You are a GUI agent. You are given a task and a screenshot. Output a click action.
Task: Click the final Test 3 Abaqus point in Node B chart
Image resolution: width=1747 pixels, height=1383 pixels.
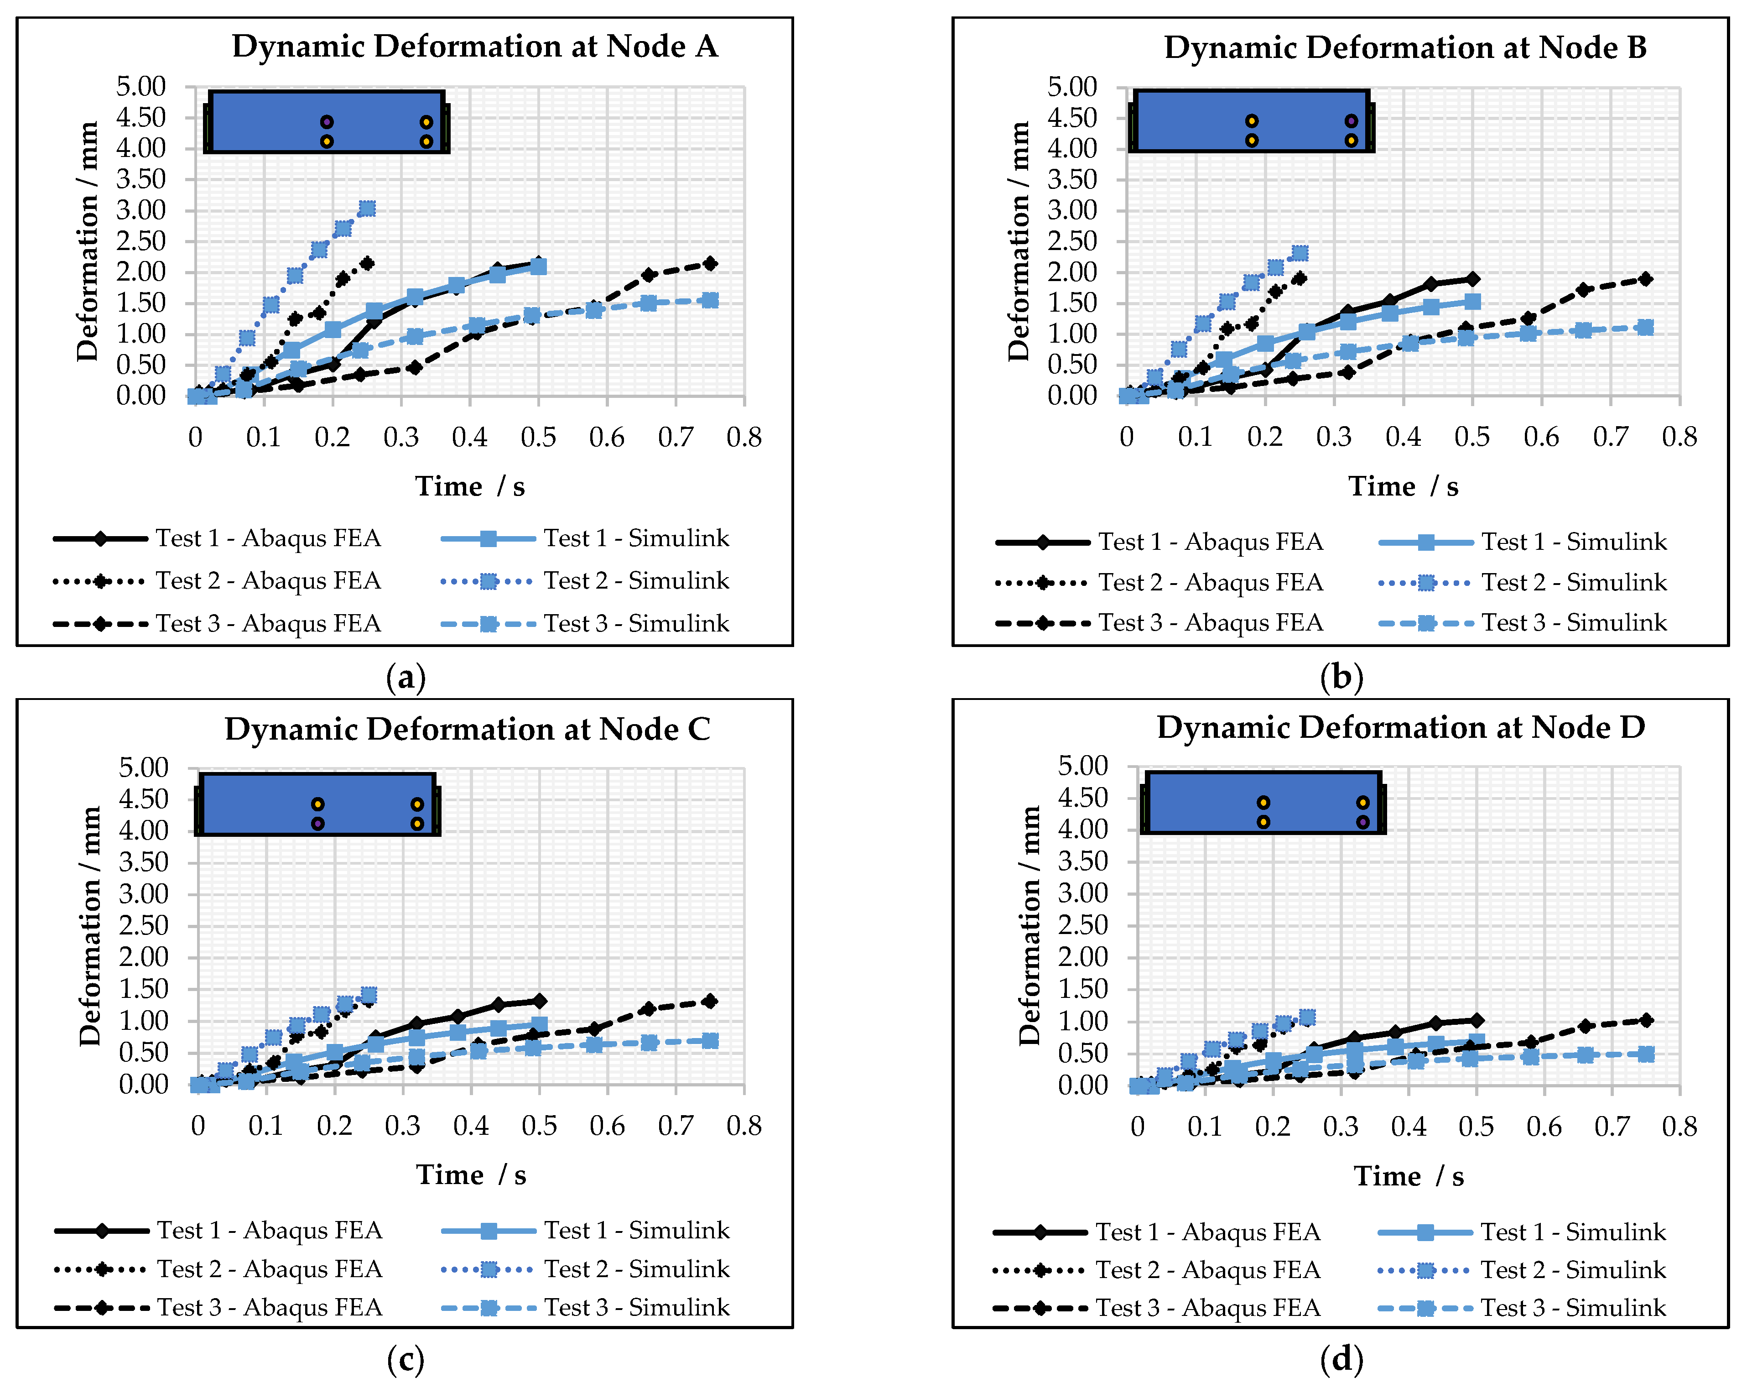pos(1645,278)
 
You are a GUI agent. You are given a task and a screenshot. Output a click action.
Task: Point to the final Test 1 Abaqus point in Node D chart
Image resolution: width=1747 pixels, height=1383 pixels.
pos(1477,1020)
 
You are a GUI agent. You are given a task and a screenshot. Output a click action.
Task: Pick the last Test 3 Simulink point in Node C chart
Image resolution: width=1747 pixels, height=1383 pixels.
pos(710,1040)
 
